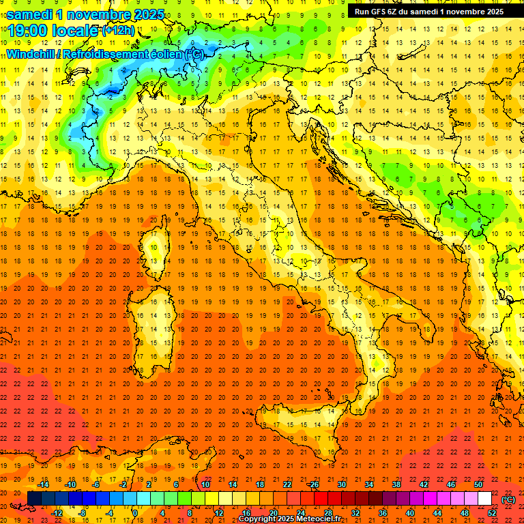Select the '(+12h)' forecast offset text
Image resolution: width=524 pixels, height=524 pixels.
coord(119,31)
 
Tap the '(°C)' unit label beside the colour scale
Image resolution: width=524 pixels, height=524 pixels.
coord(508,499)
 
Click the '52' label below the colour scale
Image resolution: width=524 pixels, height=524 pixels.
coord(492,512)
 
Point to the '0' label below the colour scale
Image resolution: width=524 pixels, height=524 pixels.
coord(135,512)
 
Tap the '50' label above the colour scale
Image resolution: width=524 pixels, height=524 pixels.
coord(478,485)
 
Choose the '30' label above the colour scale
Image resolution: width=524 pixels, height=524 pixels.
coord(342,485)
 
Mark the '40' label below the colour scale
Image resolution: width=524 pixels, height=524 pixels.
coord(410,512)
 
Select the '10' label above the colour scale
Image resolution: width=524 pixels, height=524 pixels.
coord(205,485)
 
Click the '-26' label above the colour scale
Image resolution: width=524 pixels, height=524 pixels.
coord(313,485)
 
